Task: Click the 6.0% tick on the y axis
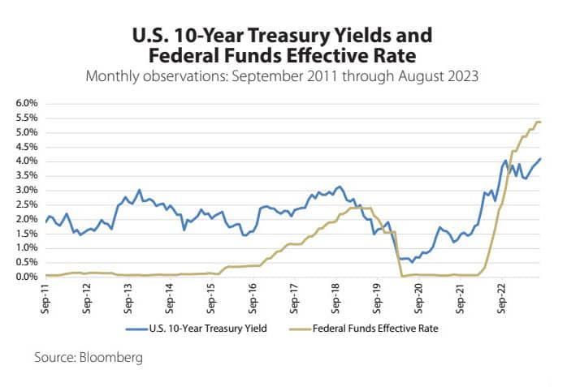click(x=27, y=104)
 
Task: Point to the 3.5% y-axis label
click(x=27, y=176)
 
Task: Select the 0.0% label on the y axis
click(x=27, y=277)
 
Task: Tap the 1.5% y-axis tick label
click(x=27, y=234)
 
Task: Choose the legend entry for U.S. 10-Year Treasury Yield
click(x=196, y=329)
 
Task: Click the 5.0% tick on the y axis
click(x=27, y=132)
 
